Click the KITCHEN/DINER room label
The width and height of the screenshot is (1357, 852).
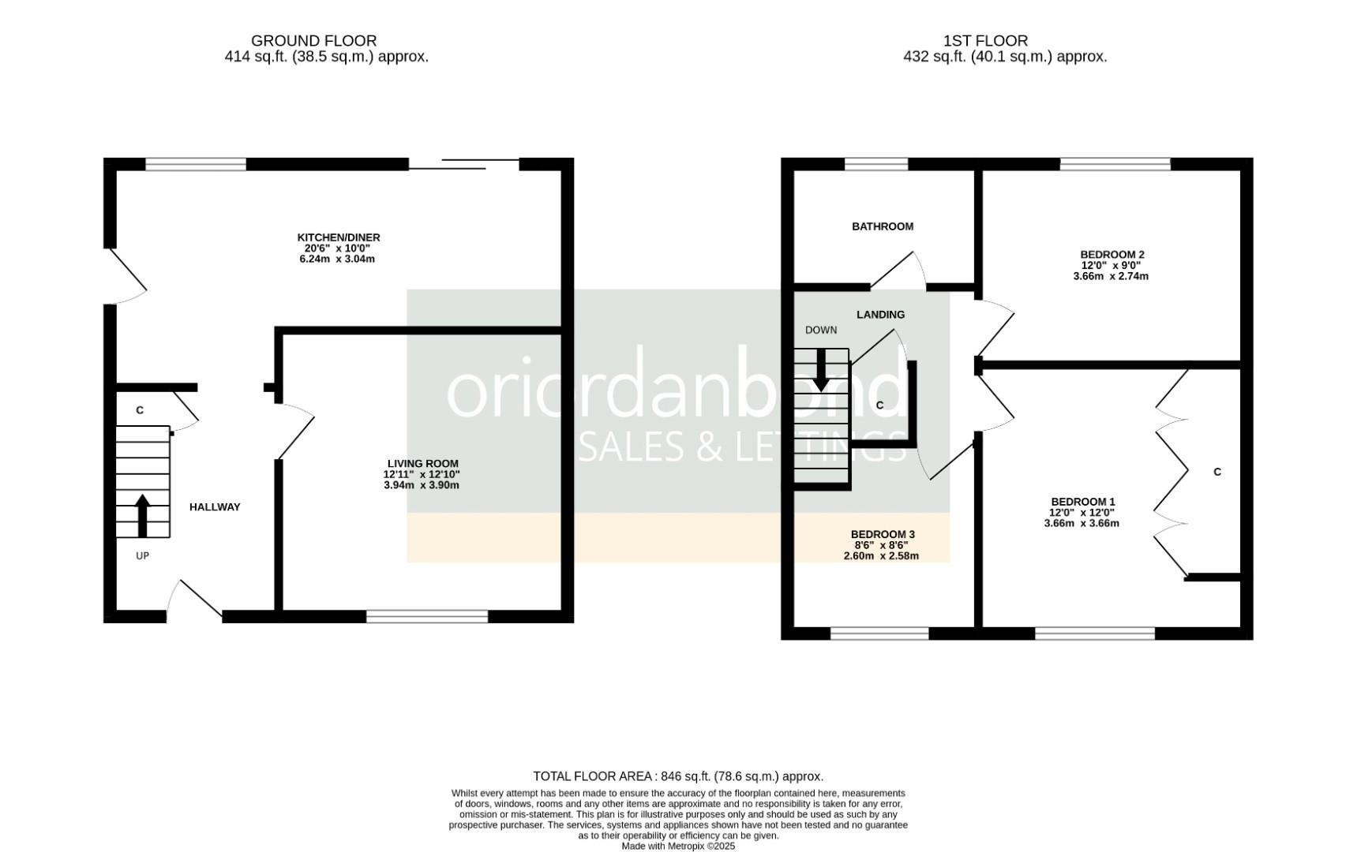pyautogui.click(x=339, y=237)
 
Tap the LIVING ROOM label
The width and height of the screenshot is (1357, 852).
pyautogui.click(x=422, y=464)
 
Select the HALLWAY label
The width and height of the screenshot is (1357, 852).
pyautogui.click(x=215, y=507)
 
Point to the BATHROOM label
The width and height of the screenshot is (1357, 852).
pyautogui.click(x=883, y=226)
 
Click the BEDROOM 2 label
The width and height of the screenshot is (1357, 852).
pyautogui.click(x=1111, y=255)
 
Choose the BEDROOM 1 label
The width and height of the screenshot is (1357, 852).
pyautogui.click(x=1082, y=502)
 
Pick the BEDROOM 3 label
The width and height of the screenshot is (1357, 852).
pyautogui.click(x=883, y=535)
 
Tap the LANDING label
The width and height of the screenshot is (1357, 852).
pyautogui.click(x=880, y=315)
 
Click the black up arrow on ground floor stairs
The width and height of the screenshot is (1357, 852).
pyautogui.click(x=142, y=515)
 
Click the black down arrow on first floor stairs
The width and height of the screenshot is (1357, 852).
pyautogui.click(x=821, y=369)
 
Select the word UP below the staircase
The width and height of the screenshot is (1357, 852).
pyautogui.click(x=142, y=556)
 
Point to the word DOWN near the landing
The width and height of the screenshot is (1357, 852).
pyautogui.click(x=821, y=331)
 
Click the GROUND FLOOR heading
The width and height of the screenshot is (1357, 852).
pyautogui.click(x=313, y=40)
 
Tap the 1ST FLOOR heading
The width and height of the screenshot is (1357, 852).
pyautogui.click(x=985, y=40)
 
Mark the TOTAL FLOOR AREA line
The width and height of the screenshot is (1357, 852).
pyautogui.click(x=678, y=776)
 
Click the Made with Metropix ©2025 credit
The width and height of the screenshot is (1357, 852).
pyautogui.click(x=678, y=846)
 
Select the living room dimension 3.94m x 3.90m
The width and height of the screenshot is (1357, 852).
pyautogui.click(x=421, y=485)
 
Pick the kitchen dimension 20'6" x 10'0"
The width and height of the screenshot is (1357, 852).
pyautogui.click(x=338, y=248)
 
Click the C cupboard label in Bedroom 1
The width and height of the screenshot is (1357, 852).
pyautogui.click(x=1216, y=472)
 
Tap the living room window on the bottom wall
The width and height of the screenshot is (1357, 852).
pyautogui.click(x=427, y=616)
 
